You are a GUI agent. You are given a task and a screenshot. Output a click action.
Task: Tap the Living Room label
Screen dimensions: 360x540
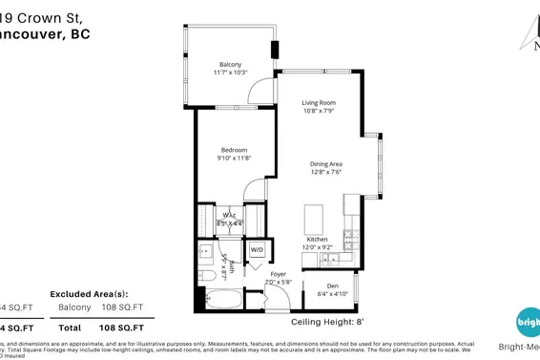click(319, 102)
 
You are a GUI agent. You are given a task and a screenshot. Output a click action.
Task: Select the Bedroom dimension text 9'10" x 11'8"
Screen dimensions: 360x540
click(235, 159)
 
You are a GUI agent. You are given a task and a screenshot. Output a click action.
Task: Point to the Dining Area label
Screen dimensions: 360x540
click(325, 164)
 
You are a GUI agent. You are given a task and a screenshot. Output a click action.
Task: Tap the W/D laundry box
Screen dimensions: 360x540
click(257, 251)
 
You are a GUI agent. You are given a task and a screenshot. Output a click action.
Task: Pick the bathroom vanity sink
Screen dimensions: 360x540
click(205, 253)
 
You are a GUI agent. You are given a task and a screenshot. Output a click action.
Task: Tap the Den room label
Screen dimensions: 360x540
click(331, 285)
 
